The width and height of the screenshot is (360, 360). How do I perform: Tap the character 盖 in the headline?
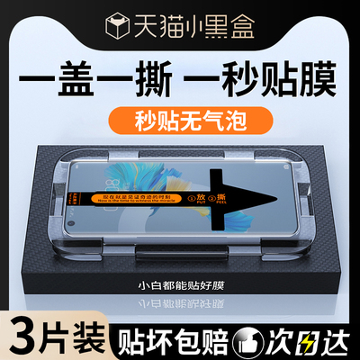pyautogui.click(x=74, y=73)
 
